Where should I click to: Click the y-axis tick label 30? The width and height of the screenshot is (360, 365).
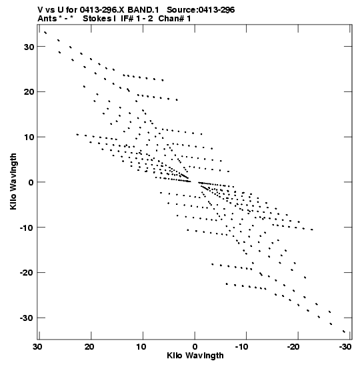[29, 47]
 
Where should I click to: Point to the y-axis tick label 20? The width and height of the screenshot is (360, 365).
[29, 92]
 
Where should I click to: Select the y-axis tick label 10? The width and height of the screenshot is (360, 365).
[29, 137]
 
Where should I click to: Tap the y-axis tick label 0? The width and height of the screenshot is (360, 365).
[31, 182]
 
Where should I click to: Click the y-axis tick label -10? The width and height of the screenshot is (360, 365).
[27, 228]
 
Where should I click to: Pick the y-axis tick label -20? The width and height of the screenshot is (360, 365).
[27, 273]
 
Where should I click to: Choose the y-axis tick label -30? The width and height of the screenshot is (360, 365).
[27, 318]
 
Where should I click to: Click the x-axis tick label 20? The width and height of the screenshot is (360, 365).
[89, 347]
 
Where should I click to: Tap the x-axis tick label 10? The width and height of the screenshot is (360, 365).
[141, 347]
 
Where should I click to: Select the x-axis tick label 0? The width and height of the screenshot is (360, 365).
[195, 347]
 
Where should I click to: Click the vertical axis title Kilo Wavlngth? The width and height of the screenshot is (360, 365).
[13, 181]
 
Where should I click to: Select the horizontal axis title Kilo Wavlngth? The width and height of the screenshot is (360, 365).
[195, 356]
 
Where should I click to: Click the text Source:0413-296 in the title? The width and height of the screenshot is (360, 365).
[201, 10]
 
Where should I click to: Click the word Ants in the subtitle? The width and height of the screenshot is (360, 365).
[47, 19]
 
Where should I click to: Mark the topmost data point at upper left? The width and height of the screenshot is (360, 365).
[45, 32]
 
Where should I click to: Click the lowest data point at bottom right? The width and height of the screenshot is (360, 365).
[344, 332]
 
